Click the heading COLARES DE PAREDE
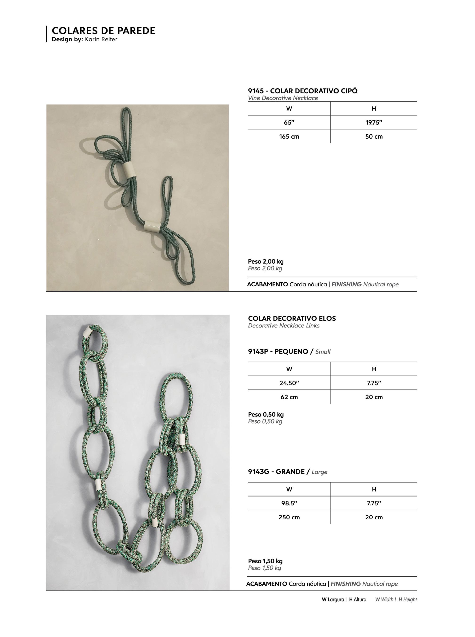[103, 31]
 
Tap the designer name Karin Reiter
[101, 39]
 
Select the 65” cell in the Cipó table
[289, 122]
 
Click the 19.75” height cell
[374, 122]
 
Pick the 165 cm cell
[289, 136]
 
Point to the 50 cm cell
[374, 136]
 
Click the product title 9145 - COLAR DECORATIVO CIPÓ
[302, 91]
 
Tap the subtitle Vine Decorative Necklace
[283, 98]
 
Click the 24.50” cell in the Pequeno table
[289, 383]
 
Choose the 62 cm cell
[289, 397]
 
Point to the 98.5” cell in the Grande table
[289, 503]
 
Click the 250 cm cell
[289, 517]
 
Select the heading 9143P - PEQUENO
[278, 352]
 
